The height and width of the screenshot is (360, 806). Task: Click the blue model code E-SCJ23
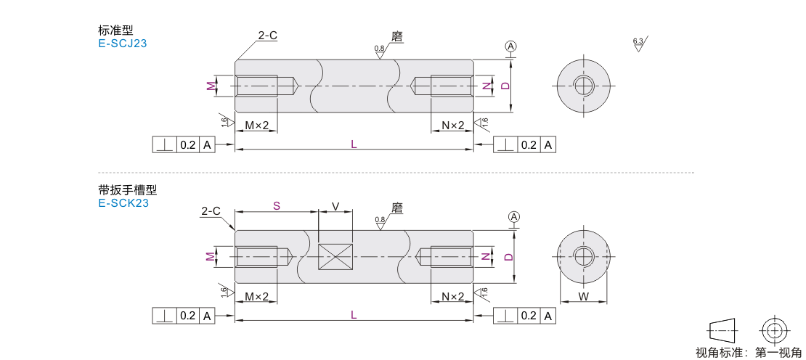click(x=123, y=44)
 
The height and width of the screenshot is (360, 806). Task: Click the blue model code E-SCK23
click(x=123, y=203)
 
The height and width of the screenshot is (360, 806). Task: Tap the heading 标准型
click(x=115, y=31)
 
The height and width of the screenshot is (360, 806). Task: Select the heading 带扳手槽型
click(x=127, y=190)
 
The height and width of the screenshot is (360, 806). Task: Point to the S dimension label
click(x=276, y=206)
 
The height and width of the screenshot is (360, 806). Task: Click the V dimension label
click(x=335, y=206)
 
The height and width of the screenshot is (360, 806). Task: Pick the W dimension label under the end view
click(x=583, y=296)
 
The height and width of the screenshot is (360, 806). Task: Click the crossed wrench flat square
click(x=335, y=256)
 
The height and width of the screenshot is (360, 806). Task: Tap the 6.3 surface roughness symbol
click(x=639, y=43)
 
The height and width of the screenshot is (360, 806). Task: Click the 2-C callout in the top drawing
click(x=268, y=35)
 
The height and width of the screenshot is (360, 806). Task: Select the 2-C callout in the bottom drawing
click(x=211, y=211)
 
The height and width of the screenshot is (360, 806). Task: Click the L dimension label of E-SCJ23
click(x=354, y=144)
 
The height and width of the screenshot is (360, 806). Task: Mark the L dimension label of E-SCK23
click(x=354, y=315)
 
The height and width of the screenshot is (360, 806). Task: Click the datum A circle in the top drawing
click(x=511, y=46)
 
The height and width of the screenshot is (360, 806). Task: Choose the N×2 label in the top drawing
click(x=452, y=126)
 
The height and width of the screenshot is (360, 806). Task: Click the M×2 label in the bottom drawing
click(x=257, y=297)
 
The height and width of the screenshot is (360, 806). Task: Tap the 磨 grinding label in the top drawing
click(x=396, y=36)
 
